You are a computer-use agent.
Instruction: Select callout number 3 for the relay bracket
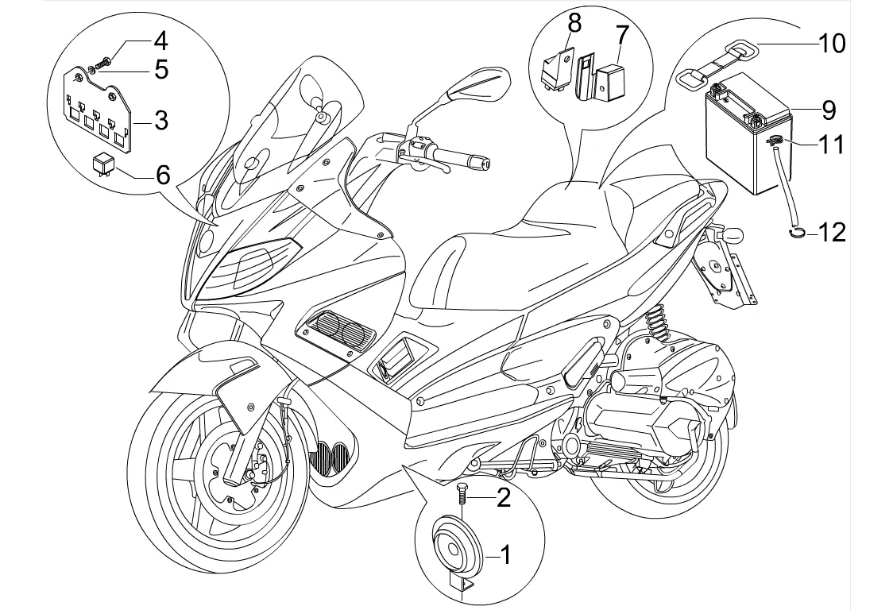(161, 121)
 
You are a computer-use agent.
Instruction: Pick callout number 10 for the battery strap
(832, 42)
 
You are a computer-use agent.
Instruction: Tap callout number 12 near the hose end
(832, 232)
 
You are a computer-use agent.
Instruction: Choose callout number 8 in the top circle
(574, 25)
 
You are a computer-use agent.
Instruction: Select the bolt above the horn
(462, 493)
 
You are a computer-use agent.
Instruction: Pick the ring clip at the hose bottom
(796, 231)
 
